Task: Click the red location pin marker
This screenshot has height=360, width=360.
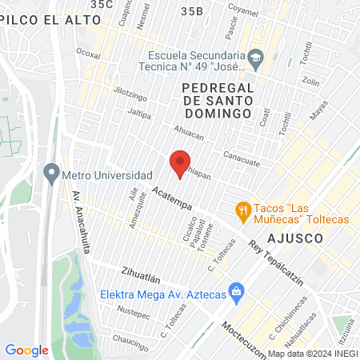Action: [181, 162]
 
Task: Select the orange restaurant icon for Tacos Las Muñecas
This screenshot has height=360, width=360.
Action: [242, 210]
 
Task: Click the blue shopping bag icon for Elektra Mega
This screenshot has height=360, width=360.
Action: [235, 290]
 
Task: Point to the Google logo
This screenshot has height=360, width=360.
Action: [26, 350]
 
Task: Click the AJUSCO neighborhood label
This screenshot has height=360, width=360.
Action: [296, 238]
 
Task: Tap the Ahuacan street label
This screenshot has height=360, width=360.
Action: [189, 133]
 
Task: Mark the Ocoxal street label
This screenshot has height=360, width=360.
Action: [88, 54]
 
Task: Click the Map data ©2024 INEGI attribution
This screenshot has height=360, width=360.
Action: [312, 354]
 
